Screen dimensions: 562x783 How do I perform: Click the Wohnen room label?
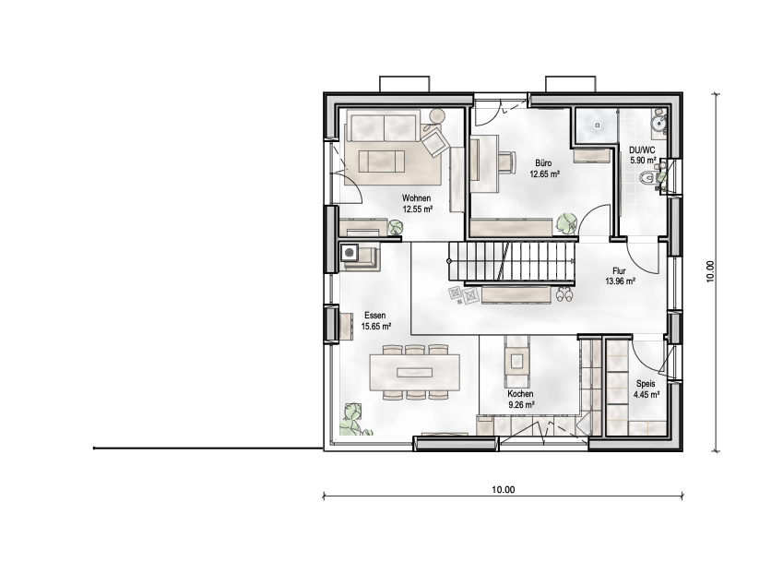click(x=417, y=198)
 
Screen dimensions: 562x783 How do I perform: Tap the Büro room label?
click(x=543, y=161)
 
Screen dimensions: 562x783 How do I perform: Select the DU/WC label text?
click(x=642, y=149)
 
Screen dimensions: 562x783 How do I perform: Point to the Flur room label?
click(x=619, y=270)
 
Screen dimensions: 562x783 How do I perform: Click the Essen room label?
click(x=374, y=315)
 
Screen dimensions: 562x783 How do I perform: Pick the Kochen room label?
click(x=520, y=393)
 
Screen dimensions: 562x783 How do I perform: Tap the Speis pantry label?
click(x=646, y=383)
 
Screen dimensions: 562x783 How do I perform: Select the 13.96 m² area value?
click(x=619, y=281)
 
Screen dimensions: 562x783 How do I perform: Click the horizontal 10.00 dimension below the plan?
click(x=503, y=489)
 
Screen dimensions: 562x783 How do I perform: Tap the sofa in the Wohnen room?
click(x=386, y=126)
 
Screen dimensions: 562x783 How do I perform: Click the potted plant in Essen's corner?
click(x=350, y=417)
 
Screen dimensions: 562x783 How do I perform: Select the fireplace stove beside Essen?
click(x=350, y=251)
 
